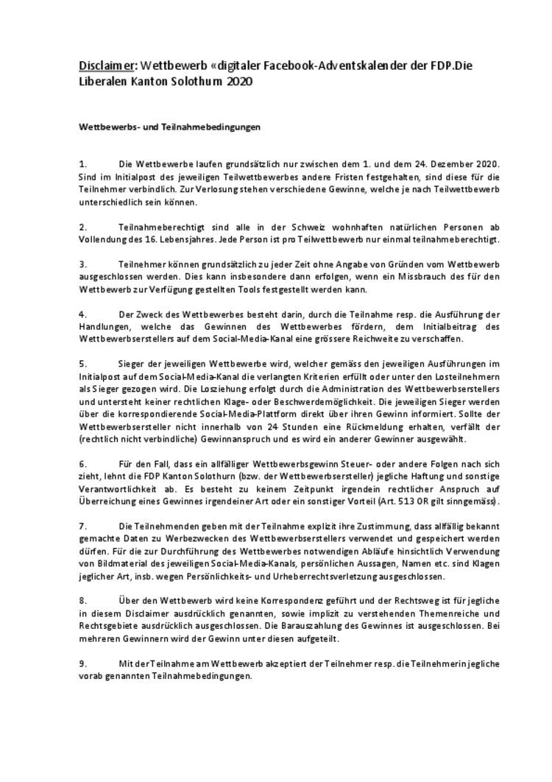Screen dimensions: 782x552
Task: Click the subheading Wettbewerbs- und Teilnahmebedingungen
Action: pos(170,127)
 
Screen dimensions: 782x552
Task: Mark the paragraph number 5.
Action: pos(83,364)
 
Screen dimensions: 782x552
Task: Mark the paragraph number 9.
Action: pos(83,664)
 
